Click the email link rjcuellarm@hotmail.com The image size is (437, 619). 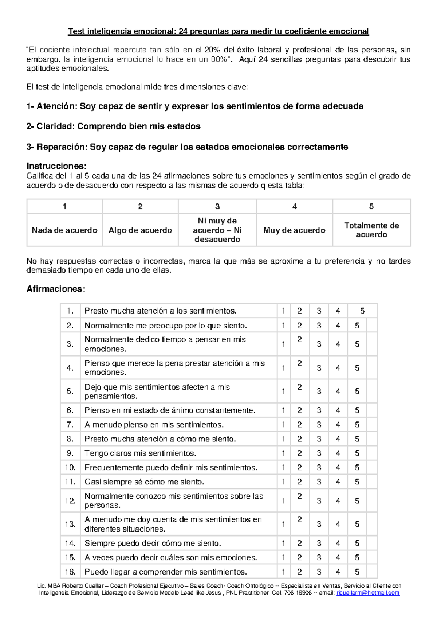point(368,593)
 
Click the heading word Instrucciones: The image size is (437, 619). point(56,166)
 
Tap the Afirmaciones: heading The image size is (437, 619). point(56,289)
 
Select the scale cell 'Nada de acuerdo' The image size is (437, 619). point(64,230)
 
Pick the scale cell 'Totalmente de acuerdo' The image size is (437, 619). point(371,230)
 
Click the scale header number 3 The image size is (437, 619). point(217,206)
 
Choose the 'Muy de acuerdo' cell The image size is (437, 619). point(294,230)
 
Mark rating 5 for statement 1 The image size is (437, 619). point(362,311)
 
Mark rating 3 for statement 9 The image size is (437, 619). point(319,453)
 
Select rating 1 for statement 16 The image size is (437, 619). point(283,572)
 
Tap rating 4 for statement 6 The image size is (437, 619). point(338,410)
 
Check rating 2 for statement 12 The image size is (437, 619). point(299,496)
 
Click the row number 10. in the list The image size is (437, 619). point(70,467)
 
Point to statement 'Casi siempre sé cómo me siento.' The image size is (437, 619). point(144,482)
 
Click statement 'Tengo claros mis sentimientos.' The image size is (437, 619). point(140,453)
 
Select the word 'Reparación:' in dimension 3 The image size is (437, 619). point(62,147)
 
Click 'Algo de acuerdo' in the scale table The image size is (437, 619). point(140,230)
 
